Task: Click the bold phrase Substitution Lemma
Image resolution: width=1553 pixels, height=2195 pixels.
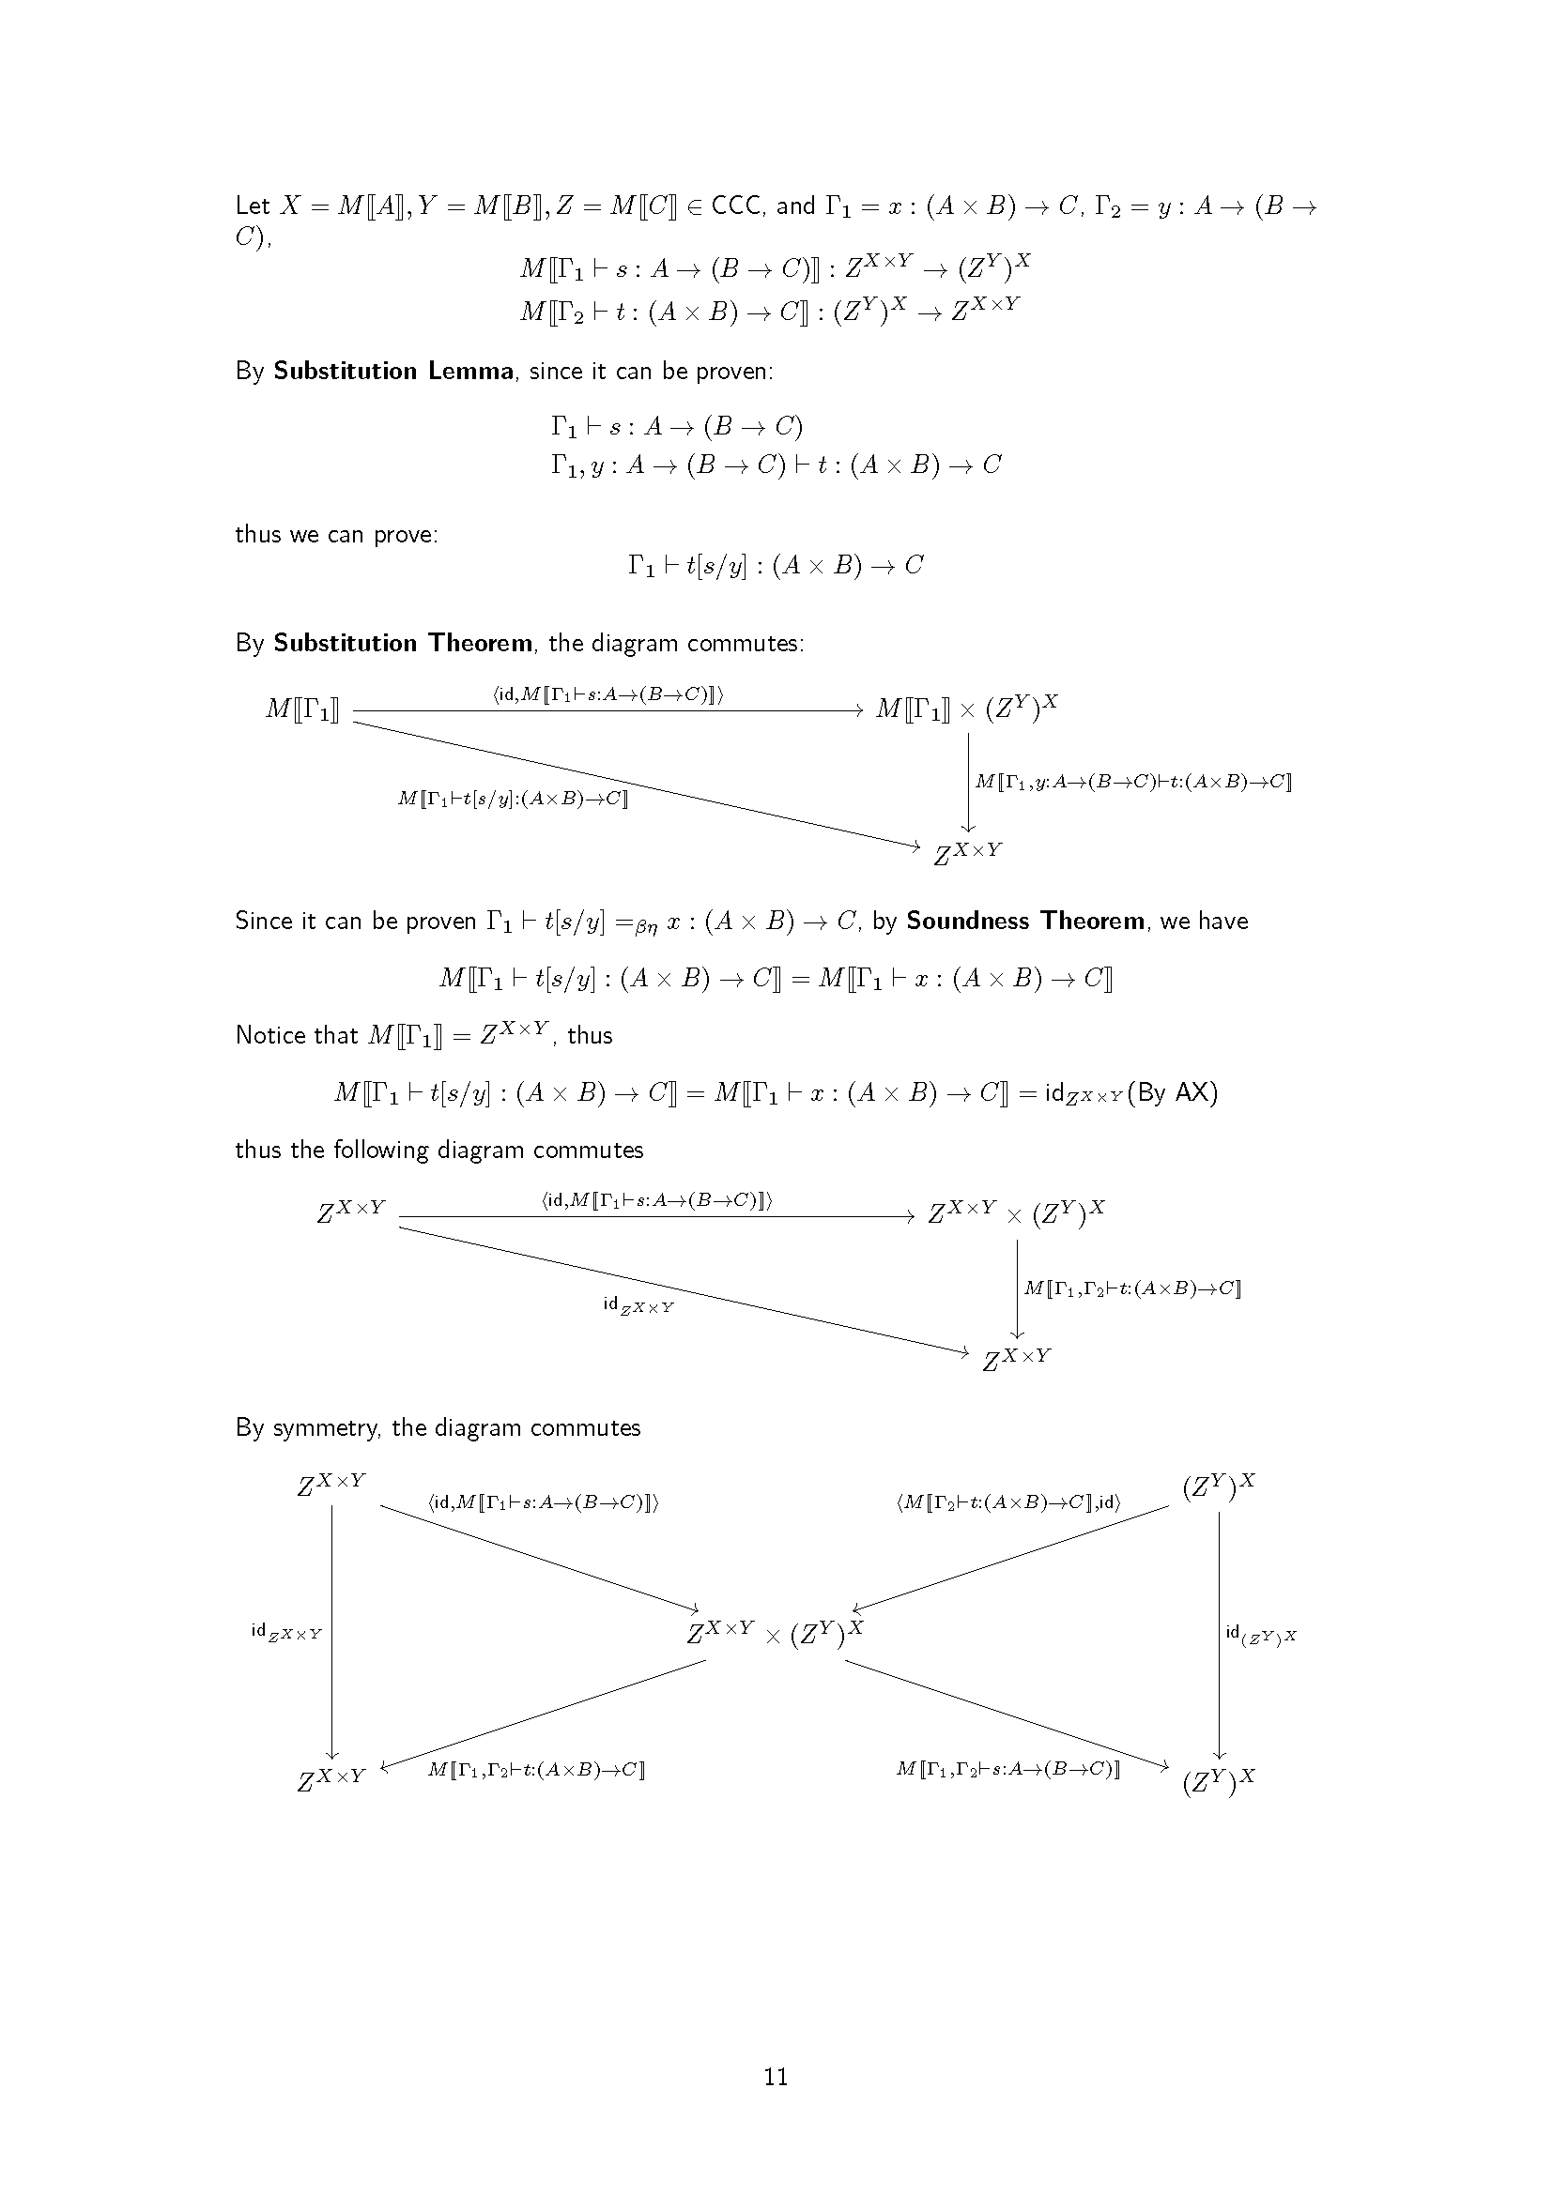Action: tap(393, 371)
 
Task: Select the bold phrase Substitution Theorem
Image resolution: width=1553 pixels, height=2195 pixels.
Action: tap(403, 643)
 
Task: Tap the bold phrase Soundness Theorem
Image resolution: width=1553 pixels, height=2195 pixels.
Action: tap(1025, 921)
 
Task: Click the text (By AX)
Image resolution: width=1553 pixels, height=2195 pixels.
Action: tap(1173, 1092)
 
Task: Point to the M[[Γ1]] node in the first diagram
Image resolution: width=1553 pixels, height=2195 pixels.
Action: tap(302, 710)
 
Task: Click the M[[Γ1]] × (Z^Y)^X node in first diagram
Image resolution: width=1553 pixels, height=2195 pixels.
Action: tap(967, 708)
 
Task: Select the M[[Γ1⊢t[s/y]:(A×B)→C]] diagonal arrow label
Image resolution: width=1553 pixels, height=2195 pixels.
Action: tap(513, 799)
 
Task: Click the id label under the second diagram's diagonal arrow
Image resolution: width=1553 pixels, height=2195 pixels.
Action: tap(638, 1305)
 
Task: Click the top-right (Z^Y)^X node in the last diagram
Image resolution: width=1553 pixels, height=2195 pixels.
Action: tap(1219, 1486)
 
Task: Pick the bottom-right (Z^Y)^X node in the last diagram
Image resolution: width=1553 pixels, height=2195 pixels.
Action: tap(1219, 1782)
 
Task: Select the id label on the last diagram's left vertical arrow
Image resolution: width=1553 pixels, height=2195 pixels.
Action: tap(286, 1632)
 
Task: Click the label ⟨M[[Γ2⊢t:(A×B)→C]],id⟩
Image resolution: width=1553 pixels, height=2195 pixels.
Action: tap(1008, 1501)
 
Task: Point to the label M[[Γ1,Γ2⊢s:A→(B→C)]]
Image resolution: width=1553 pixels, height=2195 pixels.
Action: tap(1007, 1769)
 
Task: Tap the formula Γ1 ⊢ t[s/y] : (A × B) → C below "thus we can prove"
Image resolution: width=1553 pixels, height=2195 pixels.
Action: tap(776, 566)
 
